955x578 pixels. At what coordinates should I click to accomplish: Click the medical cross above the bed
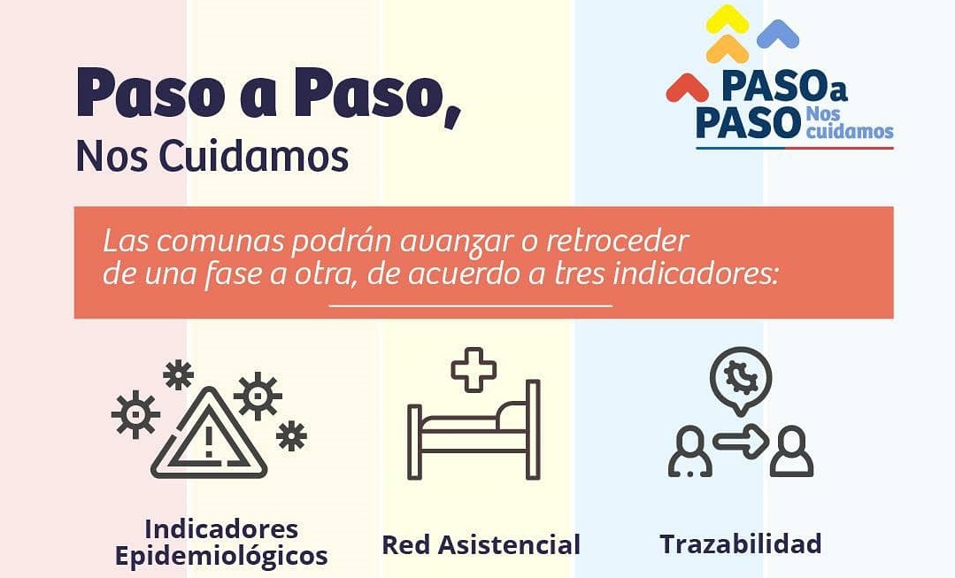(474, 369)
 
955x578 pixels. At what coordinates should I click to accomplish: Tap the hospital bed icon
(474, 430)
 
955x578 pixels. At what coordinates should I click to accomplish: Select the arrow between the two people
(741, 440)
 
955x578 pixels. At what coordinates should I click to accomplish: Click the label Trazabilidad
(741, 543)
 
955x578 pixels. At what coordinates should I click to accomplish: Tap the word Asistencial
(509, 544)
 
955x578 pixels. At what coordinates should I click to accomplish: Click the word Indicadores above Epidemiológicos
(221, 528)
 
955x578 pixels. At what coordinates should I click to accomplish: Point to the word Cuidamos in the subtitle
(253, 157)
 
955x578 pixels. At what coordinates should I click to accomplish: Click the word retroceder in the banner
(617, 241)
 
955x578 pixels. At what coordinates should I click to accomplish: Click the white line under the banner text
(471, 305)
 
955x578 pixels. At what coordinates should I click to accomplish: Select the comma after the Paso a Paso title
(452, 116)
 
